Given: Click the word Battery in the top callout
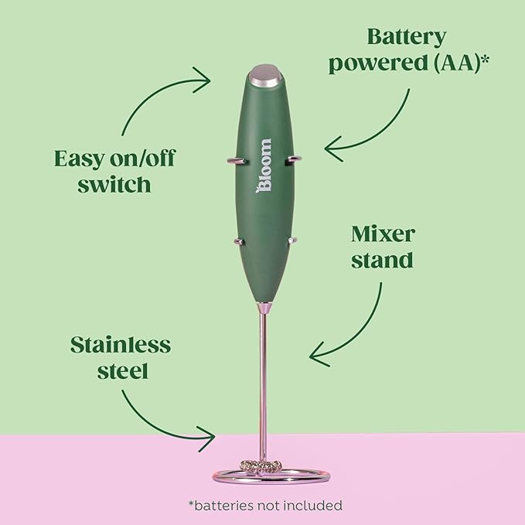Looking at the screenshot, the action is [x=407, y=37].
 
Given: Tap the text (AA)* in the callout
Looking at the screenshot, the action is [x=462, y=63].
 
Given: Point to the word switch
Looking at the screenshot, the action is [x=114, y=184].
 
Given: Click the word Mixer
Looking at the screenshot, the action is [x=383, y=234].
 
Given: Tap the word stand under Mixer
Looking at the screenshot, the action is [x=382, y=260].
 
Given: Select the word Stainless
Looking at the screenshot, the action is [x=121, y=345].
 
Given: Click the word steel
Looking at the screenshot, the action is [x=122, y=370].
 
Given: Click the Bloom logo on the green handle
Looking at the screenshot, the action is [x=264, y=165].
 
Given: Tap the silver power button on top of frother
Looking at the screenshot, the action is [x=265, y=75].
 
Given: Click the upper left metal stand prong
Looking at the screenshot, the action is [x=237, y=161].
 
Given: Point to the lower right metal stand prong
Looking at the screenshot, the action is [x=292, y=240].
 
